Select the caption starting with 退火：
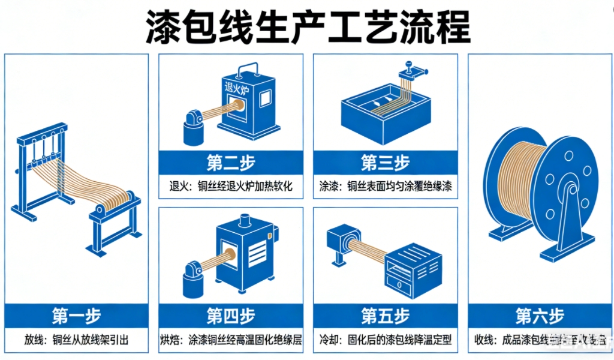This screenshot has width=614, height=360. point(231,187)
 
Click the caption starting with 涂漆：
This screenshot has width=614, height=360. point(385,187)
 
